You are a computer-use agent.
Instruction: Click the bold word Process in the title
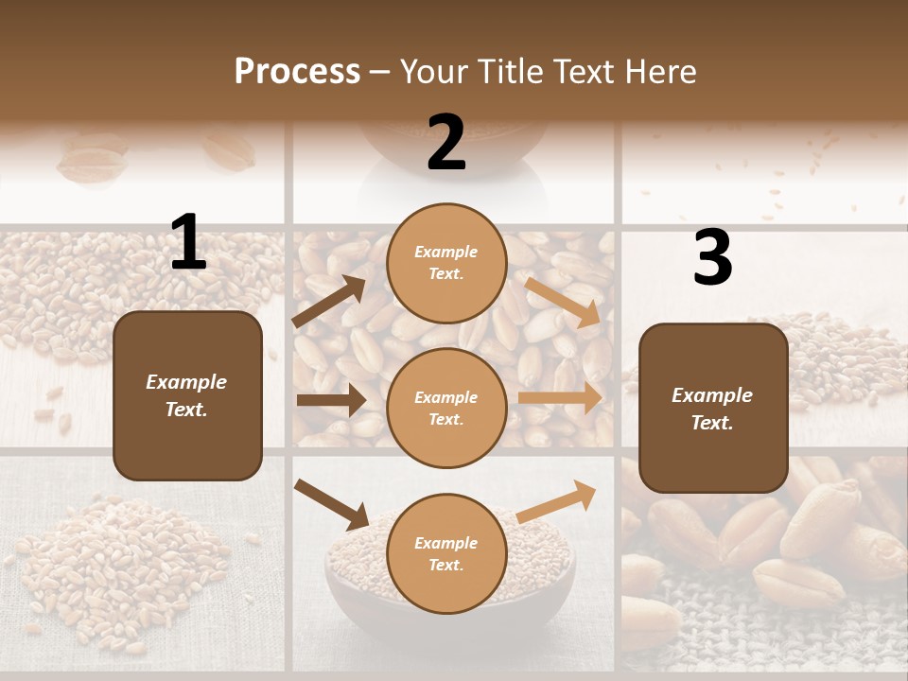click(297, 72)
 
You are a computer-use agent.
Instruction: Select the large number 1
click(188, 243)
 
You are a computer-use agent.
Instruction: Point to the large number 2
click(446, 143)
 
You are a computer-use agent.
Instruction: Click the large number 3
click(712, 258)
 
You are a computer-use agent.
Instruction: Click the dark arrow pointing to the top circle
click(329, 302)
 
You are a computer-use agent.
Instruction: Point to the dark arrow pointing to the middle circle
click(331, 400)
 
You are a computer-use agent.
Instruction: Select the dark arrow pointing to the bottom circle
click(332, 503)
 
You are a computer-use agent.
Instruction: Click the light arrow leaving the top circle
click(563, 303)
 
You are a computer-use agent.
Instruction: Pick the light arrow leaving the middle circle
click(560, 398)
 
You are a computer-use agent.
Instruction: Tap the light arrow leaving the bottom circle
click(557, 500)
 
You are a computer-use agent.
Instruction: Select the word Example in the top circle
click(446, 253)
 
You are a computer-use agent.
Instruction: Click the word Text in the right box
click(712, 423)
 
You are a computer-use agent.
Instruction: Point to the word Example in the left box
click(186, 382)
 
